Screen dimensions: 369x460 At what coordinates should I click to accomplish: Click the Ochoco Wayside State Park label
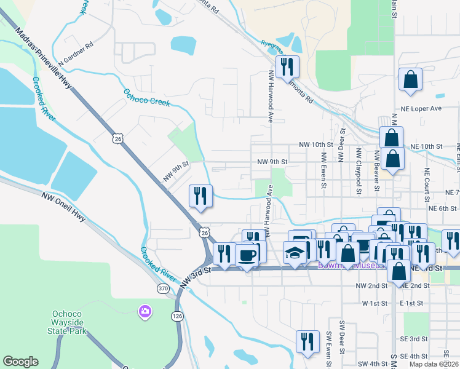(69, 329)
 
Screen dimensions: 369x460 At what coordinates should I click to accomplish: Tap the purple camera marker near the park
(145, 311)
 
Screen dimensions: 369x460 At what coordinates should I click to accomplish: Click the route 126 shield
(177, 316)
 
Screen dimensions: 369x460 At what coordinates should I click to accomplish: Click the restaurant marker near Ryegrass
(287, 65)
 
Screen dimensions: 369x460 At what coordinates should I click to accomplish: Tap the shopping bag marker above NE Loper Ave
(410, 80)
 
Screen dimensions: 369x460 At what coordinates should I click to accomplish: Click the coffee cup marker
(247, 255)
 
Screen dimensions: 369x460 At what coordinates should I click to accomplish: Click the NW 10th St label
(315, 145)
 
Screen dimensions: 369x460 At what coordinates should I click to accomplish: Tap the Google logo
(20, 362)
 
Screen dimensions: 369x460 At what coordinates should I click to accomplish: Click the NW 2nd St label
(370, 286)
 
